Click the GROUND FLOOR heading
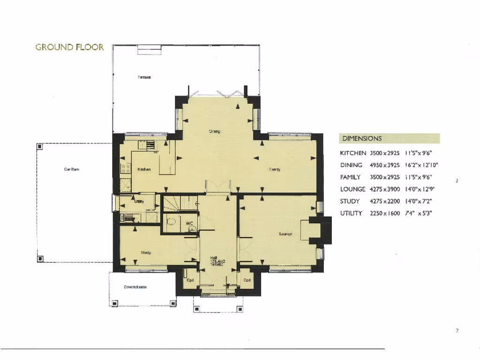(69, 47)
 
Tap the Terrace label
(144, 77)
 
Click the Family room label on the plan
(275, 170)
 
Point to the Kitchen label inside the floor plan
(143, 169)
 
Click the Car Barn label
(72, 169)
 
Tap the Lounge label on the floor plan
(285, 234)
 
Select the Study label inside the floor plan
(146, 253)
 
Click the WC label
(189, 223)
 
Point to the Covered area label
(135, 287)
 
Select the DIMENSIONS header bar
(389, 139)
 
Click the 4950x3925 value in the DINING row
(384, 165)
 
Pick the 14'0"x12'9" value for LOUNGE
(419, 189)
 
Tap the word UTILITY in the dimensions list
(351, 213)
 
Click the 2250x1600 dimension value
(384, 213)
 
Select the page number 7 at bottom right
(457, 331)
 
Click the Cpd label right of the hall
(247, 280)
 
